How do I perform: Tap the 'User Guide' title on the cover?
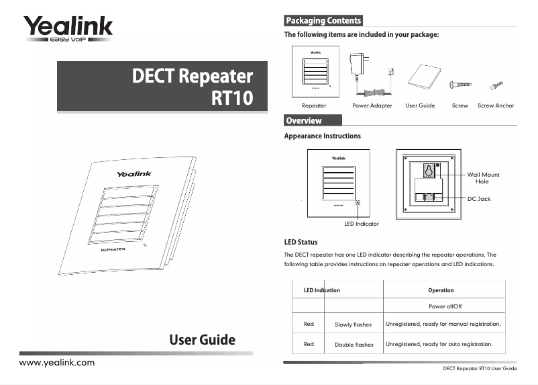202,339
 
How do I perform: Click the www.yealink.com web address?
57,363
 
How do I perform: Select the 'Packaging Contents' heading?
323,21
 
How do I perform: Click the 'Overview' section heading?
304,121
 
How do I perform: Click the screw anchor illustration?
496,85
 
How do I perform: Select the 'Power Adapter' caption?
372,105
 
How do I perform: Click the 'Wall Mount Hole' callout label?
483,178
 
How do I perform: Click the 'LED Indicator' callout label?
361,223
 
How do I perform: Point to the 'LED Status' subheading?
301,242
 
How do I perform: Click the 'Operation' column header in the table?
441,290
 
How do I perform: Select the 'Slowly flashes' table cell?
353,325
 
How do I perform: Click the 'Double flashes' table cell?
354,345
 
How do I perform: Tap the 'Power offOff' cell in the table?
444,306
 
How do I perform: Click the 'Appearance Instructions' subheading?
323,136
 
